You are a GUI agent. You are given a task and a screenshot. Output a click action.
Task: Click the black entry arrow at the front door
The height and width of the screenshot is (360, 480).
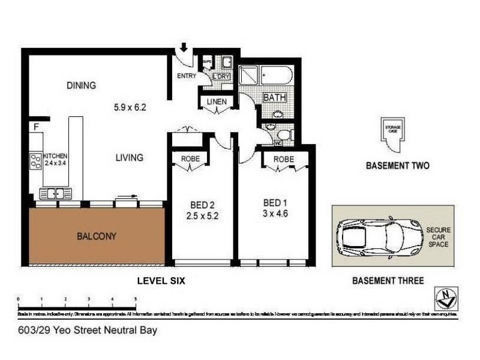[x=184, y=47]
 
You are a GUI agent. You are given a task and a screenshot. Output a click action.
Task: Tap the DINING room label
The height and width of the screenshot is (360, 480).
[x=81, y=85]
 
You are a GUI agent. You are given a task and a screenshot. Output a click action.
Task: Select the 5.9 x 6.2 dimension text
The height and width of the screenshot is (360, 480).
[x=130, y=108]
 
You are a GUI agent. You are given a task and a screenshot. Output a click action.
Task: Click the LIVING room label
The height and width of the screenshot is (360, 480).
[x=129, y=158]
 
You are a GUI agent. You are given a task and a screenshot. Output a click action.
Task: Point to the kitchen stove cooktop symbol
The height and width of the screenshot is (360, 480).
[x=35, y=160]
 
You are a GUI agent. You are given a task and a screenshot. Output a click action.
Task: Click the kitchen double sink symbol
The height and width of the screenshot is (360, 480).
[x=55, y=193]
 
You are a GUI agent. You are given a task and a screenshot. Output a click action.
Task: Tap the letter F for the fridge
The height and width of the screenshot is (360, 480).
[x=36, y=127]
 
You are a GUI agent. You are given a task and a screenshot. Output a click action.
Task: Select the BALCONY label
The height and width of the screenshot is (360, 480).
[x=96, y=236]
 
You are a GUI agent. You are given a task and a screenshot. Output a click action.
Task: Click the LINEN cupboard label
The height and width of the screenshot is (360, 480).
[x=216, y=102]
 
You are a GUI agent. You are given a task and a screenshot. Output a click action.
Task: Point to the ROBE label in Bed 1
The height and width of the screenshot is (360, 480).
[x=284, y=160]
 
